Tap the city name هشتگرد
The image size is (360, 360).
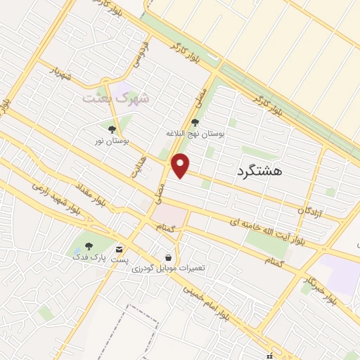pyautogui.click(x=259, y=172)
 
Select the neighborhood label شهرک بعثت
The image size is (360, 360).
pyautogui.click(x=116, y=98)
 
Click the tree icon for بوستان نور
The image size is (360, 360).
pyautogui.click(x=112, y=129)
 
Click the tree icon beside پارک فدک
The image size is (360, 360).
pyautogui.click(x=89, y=245)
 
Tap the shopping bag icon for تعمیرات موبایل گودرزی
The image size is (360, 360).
pyautogui.click(x=168, y=258)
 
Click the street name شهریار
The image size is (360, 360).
pyautogui.click(x=63, y=74)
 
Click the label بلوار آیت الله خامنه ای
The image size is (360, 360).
pyautogui.click(x=268, y=227)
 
